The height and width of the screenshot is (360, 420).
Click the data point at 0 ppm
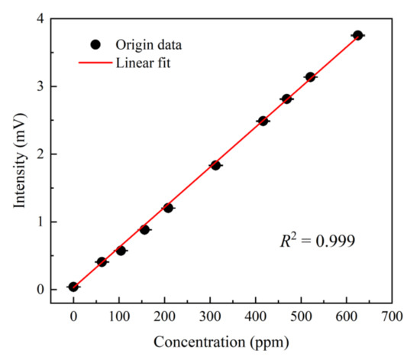point(73,287)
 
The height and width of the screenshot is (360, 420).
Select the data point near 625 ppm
point(357,35)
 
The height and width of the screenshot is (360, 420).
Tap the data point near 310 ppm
point(215,165)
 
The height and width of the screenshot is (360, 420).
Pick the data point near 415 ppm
point(263,121)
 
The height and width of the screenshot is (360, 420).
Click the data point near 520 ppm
point(310,76)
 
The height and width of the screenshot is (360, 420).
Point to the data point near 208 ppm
point(168,208)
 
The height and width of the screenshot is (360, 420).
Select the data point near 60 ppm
point(102,261)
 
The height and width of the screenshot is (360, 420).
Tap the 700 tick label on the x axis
point(392,314)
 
